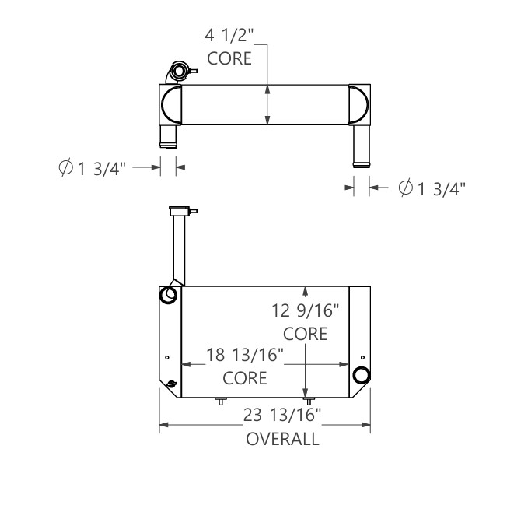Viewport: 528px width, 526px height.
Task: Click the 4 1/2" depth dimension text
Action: pyautogui.click(x=231, y=36)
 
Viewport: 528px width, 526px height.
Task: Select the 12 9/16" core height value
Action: pyautogui.click(x=305, y=311)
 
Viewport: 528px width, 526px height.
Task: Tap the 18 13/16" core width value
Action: pyautogui.click(x=244, y=356)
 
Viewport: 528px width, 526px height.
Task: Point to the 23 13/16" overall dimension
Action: pyautogui.click(x=281, y=416)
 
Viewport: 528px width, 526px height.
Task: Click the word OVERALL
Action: pyautogui.click(x=282, y=439)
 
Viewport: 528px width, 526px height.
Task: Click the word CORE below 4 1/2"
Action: pyautogui.click(x=229, y=59)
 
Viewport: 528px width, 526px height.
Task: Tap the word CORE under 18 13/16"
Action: pyautogui.click(x=245, y=379)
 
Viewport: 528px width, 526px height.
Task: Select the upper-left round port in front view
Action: pyautogui.click(x=168, y=296)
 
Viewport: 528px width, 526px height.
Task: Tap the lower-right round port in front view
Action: pyautogui.click(x=361, y=375)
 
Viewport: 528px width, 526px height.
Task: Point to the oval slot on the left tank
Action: pyautogui.click(x=170, y=383)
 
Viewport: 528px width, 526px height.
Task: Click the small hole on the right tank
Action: pyautogui.click(x=361, y=357)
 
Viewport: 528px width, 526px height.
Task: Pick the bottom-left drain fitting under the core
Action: pyautogui.click(x=221, y=402)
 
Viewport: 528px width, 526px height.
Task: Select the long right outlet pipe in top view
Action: pyautogui.click(x=361, y=144)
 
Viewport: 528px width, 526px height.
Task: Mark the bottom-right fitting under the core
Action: pyautogui.click(x=307, y=400)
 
